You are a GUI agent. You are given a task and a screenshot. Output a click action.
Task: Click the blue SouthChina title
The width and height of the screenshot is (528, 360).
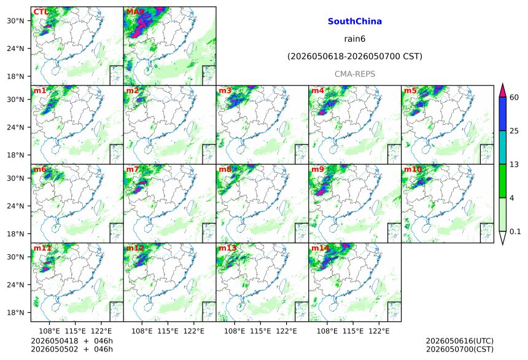point(355,22)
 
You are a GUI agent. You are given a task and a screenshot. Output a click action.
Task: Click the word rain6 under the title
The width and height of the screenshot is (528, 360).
point(355,39)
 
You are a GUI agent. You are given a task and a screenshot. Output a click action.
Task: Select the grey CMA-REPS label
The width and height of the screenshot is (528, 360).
point(355,74)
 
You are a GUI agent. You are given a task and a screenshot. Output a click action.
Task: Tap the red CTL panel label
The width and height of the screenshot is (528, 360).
point(41,12)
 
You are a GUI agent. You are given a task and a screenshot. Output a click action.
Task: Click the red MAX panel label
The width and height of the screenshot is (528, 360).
point(135,12)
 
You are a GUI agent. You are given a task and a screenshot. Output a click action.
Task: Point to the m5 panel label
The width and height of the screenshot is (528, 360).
point(410,91)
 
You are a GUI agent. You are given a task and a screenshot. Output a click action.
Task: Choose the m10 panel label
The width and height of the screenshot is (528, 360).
point(413,170)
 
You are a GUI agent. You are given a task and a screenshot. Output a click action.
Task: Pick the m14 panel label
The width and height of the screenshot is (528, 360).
point(320,248)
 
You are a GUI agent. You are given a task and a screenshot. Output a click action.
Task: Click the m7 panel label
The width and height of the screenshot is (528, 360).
point(133,170)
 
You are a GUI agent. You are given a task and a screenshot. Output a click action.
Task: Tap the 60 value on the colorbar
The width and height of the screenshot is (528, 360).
point(514,98)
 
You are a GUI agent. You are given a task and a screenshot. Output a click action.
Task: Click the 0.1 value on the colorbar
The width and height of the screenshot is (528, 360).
point(515,231)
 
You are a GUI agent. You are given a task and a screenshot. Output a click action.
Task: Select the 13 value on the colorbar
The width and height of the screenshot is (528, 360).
point(514,165)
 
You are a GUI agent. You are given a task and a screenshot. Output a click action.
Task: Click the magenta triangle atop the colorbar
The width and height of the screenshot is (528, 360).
point(502,90)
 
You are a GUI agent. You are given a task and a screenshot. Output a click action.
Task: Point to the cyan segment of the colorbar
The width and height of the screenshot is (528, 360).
point(502,147)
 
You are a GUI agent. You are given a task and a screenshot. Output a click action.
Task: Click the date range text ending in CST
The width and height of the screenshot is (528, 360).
point(355,57)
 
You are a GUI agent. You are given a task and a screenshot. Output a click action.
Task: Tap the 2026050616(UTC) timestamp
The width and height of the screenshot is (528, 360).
point(460,341)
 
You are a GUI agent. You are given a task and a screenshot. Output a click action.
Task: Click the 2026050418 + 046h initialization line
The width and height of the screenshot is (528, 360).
point(72,341)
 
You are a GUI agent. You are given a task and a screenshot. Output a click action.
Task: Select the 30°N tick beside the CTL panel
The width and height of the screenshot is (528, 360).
point(15,21)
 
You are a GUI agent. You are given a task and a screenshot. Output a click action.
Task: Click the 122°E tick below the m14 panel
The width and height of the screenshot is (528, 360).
point(379,331)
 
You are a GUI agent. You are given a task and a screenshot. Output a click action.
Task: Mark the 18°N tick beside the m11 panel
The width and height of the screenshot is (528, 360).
point(15,313)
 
